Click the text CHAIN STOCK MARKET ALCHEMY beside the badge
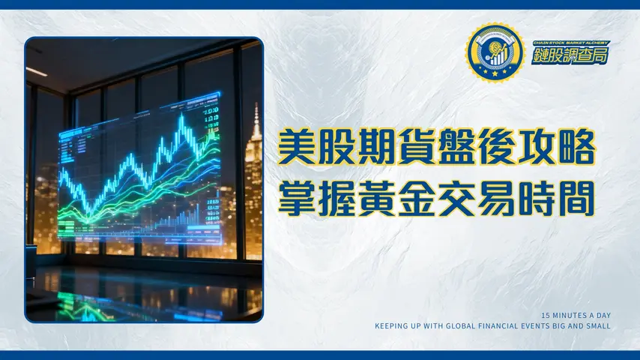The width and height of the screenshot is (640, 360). tap(561, 43)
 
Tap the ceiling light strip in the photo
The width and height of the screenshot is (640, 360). tap(36, 72)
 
